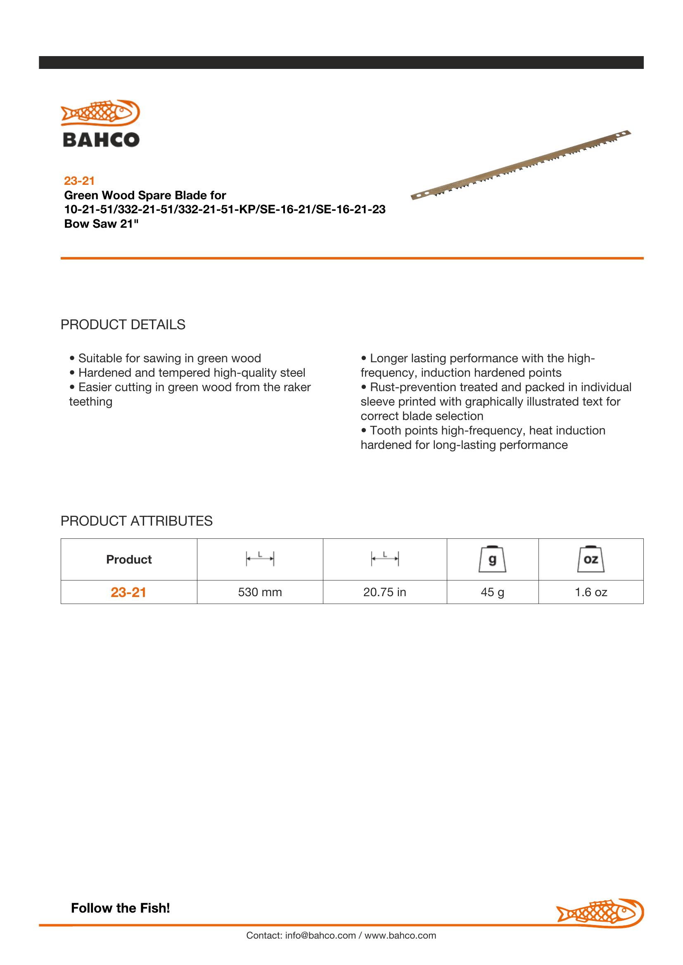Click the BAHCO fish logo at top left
[x=100, y=123]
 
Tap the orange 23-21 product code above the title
[x=79, y=181]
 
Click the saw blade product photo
[x=521, y=165]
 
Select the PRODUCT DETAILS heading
[x=123, y=324]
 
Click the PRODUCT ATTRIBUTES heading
[x=136, y=521]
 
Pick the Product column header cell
[x=129, y=559]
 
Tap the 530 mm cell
[x=260, y=592]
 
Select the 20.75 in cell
[x=384, y=592]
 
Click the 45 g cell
[x=492, y=592]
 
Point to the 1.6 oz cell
[x=591, y=592]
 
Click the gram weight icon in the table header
[x=492, y=559]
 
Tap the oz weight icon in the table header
[x=591, y=559]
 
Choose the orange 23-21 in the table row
[x=128, y=592]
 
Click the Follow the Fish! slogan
[x=120, y=908]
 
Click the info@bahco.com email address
[x=320, y=935]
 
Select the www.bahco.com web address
[x=400, y=935]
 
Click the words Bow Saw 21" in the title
[x=101, y=224]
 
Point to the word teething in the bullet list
[x=90, y=402]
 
